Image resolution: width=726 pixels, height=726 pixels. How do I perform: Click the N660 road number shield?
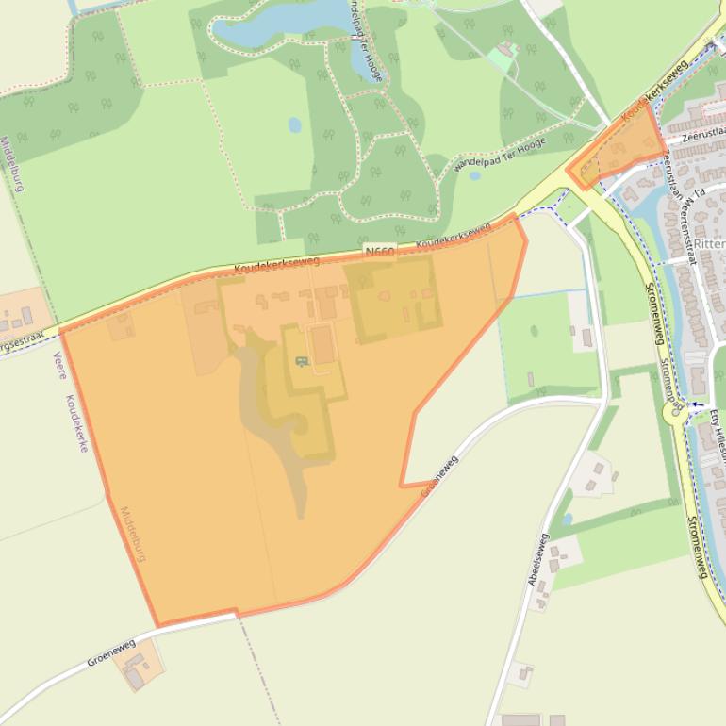(378, 252)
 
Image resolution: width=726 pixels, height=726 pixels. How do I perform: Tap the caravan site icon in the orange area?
(303, 361)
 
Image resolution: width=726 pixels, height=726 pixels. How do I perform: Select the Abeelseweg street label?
(538, 558)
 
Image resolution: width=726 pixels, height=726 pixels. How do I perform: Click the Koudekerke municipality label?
(76, 422)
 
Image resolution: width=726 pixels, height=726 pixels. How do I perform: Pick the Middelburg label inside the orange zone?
(132, 534)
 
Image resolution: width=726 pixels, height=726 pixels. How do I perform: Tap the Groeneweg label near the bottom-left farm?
(111, 652)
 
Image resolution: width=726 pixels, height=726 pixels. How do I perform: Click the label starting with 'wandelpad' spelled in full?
(487, 151)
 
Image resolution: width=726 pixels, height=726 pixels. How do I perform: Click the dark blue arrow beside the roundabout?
(698, 404)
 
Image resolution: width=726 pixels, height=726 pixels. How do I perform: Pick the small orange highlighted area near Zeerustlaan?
(618, 152)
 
